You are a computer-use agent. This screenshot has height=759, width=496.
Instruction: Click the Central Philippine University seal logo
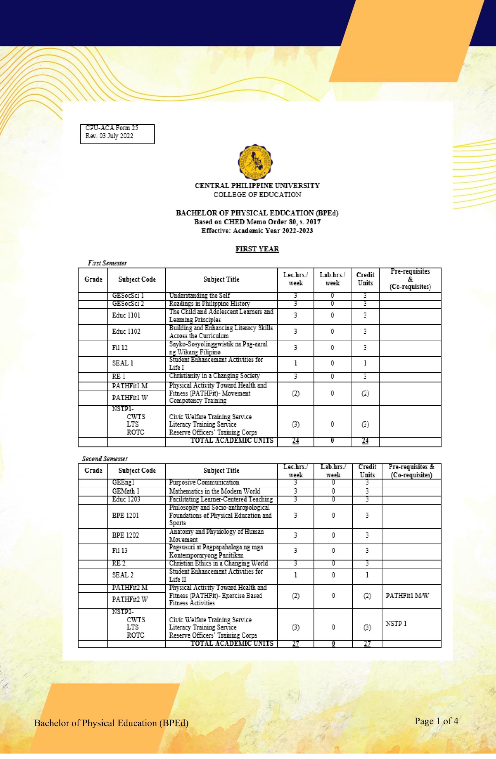click(257, 162)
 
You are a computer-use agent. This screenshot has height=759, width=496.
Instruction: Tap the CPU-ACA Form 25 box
click(117, 134)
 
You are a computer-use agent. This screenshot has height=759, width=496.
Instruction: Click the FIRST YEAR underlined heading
click(257, 249)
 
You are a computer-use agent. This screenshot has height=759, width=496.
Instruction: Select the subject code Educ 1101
click(126, 315)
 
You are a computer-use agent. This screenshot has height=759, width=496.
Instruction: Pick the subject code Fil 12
click(120, 347)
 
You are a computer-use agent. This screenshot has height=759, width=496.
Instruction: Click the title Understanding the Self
click(199, 295)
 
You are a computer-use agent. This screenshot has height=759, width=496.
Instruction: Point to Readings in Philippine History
click(209, 304)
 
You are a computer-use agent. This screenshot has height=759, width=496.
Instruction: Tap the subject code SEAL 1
click(123, 363)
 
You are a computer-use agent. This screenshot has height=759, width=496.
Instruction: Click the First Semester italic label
click(108, 263)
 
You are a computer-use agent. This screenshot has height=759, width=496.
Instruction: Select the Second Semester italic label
click(105, 459)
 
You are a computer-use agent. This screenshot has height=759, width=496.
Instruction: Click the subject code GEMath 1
click(126, 491)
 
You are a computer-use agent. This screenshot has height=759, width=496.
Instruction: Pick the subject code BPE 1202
click(126, 535)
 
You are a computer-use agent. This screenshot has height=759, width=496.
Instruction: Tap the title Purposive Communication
click(204, 482)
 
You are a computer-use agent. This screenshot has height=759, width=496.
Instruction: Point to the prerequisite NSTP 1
click(396, 624)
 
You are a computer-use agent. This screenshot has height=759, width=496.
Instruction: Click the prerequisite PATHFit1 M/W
click(407, 596)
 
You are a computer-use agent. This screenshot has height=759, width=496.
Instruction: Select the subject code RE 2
click(119, 563)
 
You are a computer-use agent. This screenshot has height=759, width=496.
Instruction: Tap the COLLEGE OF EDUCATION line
click(257, 194)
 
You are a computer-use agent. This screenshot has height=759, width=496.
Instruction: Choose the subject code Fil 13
click(120, 551)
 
